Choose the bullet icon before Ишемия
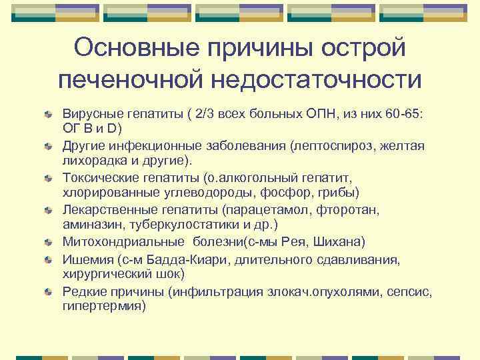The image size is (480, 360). [49, 259]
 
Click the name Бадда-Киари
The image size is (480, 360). [172, 258]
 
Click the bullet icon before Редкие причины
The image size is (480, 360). [49, 291]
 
